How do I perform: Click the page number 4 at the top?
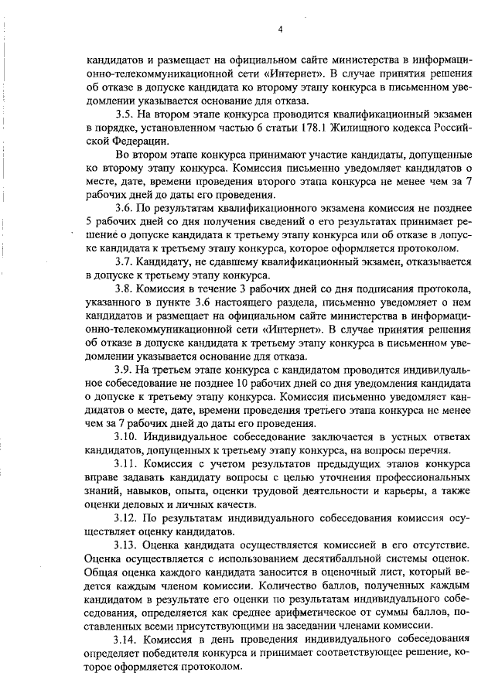coord(281,30)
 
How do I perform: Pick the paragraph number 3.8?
coord(125,289)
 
